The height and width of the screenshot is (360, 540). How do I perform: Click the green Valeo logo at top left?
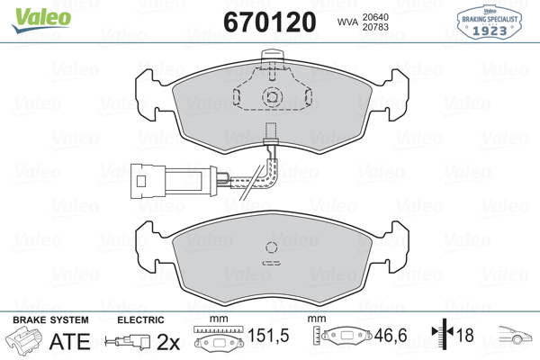tap(41, 20)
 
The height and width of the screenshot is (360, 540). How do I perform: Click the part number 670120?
tap(270, 22)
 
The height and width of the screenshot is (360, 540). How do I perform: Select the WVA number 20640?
tap(375, 17)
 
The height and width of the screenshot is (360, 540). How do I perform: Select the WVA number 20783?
tap(375, 27)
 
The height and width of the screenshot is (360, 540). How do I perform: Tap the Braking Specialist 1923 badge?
tap(490, 22)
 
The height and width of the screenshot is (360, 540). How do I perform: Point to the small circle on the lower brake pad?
tap(272, 247)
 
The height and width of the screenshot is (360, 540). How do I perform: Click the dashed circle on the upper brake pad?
tap(272, 97)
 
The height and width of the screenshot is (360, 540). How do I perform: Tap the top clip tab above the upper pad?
tap(272, 55)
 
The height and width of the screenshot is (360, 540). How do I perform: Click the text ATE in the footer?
tap(69, 341)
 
